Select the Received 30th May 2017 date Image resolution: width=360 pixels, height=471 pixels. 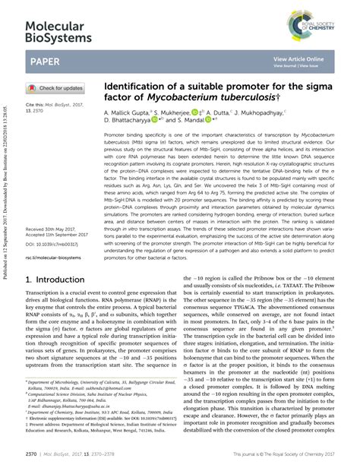[51, 207]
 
